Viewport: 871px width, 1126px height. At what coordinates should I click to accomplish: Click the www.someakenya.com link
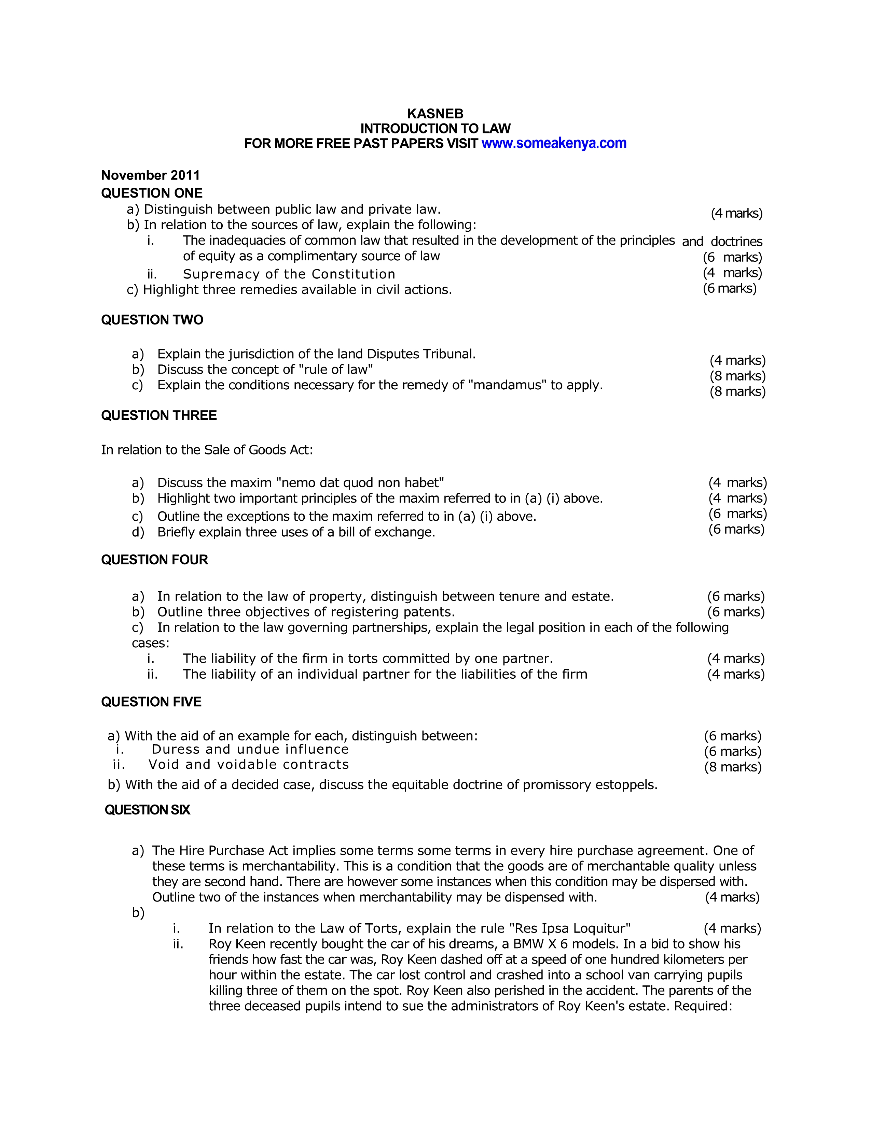tap(554, 143)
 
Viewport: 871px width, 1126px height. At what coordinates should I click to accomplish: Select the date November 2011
tap(150, 175)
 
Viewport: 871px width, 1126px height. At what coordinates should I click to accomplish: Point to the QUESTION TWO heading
tap(152, 320)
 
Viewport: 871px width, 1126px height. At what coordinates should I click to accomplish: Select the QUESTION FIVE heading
tap(151, 702)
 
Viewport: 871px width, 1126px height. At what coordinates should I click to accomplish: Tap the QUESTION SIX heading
tap(148, 810)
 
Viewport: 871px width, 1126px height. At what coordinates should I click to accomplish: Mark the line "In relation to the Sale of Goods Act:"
tap(207, 450)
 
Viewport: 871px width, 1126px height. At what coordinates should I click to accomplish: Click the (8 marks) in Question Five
tap(733, 767)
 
